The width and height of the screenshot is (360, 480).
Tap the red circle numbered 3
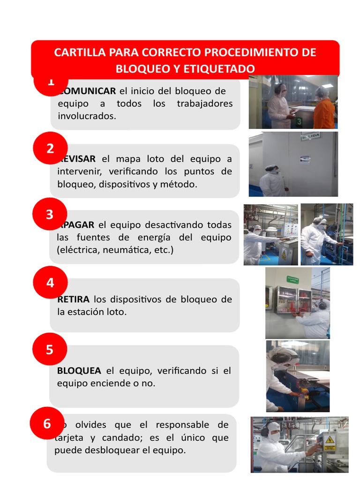(x=50, y=215)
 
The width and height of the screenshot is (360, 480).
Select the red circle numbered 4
(x=50, y=282)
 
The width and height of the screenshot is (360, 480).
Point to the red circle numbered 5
(x=50, y=350)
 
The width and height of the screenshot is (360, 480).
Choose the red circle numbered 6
(x=47, y=424)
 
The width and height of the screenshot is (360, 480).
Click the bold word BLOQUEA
(x=79, y=371)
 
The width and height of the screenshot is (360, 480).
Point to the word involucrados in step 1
(x=87, y=116)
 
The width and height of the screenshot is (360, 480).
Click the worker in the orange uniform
(x=324, y=110)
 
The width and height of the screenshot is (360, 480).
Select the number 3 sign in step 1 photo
(x=299, y=122)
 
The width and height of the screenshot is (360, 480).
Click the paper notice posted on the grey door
(x=305, y=159)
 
